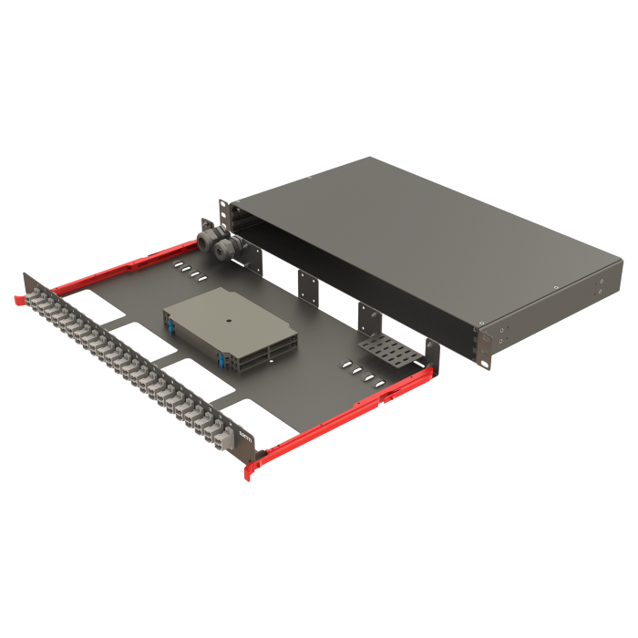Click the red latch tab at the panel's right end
(250, 470)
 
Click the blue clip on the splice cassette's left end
(170, 321)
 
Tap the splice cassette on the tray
(232, 328)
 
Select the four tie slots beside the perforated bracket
(360, 372)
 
